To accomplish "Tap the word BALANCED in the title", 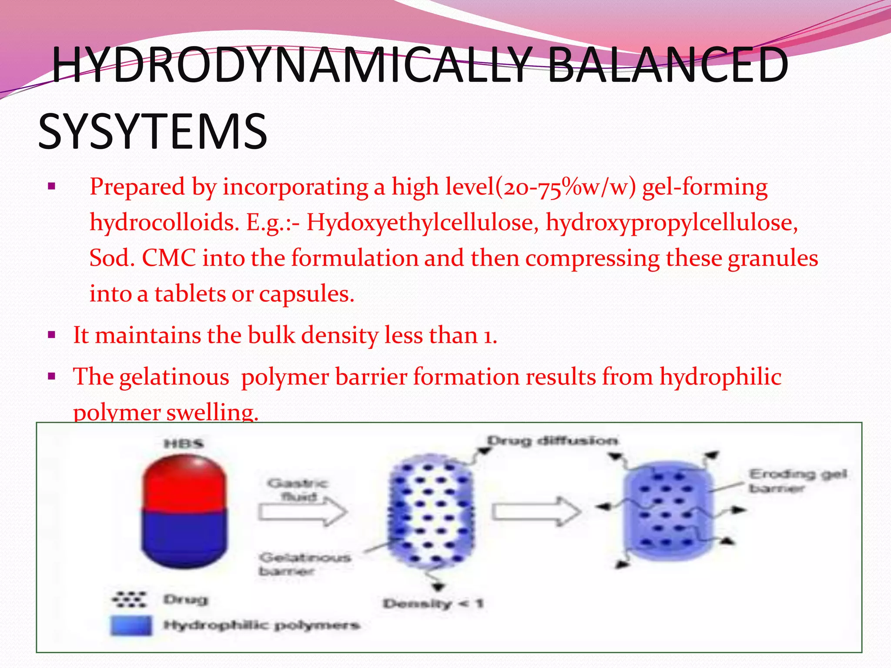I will point(668,65).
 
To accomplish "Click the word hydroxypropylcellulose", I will point(672,223).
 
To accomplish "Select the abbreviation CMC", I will point(169,258).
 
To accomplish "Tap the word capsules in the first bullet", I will point(306,294).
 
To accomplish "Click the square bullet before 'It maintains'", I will point(52,335).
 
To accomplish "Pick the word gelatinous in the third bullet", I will point(174,377).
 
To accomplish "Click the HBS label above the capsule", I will point(184,444).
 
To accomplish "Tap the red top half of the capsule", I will point(184,483).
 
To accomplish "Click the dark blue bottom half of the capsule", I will point(184,539).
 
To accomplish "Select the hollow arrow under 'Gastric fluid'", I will point(303,512).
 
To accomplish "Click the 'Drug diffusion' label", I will point(552,441).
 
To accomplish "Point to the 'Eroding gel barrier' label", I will point(797,481).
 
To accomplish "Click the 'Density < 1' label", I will point(433,604).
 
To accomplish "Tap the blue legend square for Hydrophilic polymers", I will point(131,625).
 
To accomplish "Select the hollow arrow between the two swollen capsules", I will point(536,512).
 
